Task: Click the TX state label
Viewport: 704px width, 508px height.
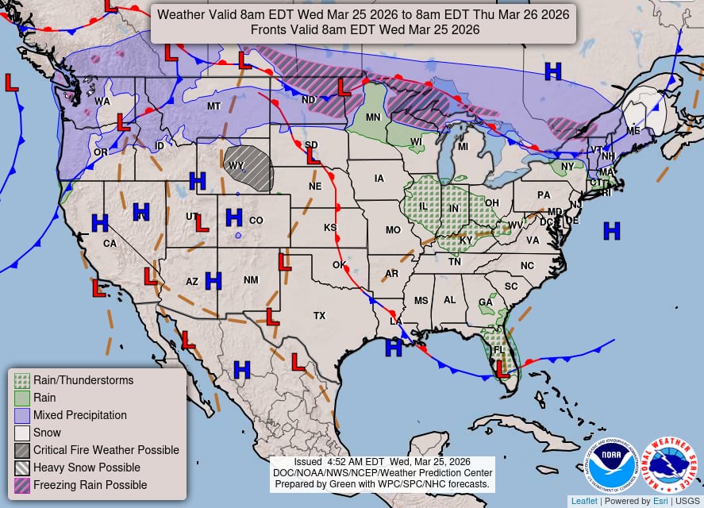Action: pos(319,316)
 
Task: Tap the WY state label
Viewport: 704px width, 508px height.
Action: pos(236,166)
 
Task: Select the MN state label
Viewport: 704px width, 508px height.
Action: pos(373,118)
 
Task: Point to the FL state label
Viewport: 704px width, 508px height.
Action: pos(499,350)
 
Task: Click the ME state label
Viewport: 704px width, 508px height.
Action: pos(633,131)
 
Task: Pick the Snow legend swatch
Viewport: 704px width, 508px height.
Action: pos(22,433)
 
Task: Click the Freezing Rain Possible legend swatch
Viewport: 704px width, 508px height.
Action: pos(22,485)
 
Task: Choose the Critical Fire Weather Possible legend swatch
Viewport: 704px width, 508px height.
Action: pos(22,450)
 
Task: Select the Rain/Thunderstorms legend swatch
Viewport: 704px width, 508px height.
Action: pos(22,380)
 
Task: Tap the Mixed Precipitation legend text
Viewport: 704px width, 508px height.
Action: pos(79,415)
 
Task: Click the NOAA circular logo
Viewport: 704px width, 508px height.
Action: pos(612,466)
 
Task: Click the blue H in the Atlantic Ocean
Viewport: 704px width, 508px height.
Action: pos(611,231)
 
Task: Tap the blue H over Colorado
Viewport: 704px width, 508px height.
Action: pos(233,217)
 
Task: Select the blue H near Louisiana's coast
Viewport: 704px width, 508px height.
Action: pos(393,348)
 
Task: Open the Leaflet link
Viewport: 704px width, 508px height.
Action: pos(583,501)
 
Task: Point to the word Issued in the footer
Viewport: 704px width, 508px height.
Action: pos(308,462)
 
